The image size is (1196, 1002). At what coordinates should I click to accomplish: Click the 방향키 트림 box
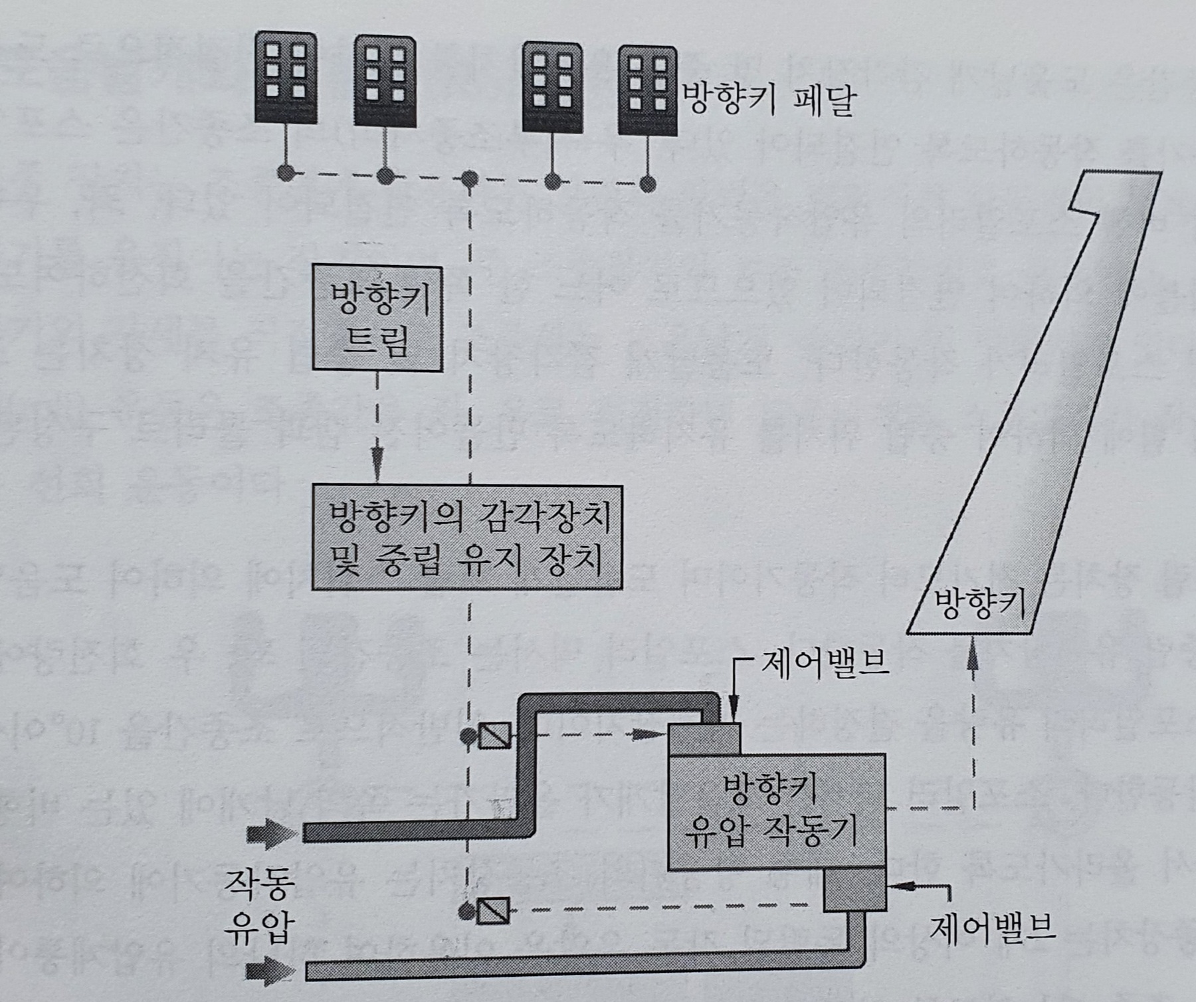pos(377,318)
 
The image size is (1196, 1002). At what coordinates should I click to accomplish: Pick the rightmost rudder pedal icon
pos(647,90)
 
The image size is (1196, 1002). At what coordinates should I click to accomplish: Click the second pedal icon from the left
pos(385,81)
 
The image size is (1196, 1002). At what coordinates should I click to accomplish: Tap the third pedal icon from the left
pos(552,88)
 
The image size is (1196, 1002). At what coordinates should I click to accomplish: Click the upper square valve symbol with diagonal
pos(494,736)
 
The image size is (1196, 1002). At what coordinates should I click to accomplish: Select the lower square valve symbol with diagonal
pos(494,910)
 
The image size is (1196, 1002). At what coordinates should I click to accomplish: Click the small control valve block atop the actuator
pos(704,739)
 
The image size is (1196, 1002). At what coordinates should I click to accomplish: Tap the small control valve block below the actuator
pos(855,890)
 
